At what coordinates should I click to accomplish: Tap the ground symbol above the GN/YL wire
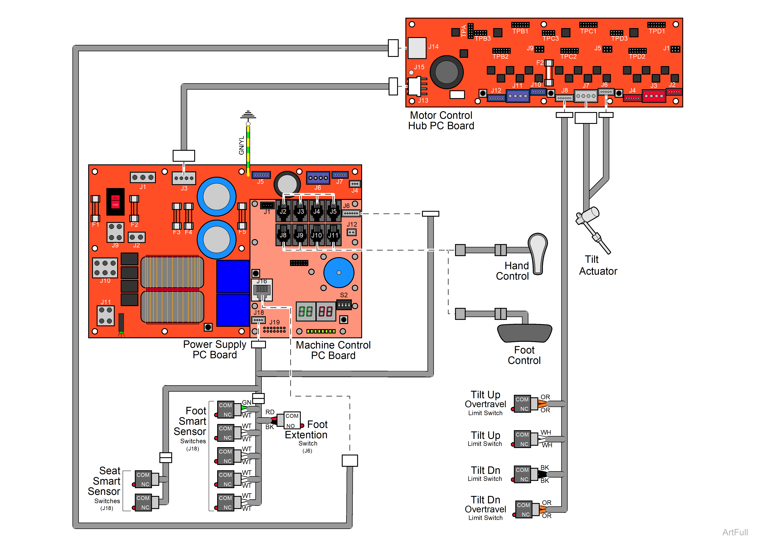tap(248, 115)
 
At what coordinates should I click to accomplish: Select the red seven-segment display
tap(325, 312)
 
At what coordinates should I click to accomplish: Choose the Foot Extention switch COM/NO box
tap(292, 420)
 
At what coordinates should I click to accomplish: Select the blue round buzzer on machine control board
tap(339, 273)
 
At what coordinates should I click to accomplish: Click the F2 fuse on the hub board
tap(549, 73)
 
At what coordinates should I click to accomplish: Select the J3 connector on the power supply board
tap(184, 178)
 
